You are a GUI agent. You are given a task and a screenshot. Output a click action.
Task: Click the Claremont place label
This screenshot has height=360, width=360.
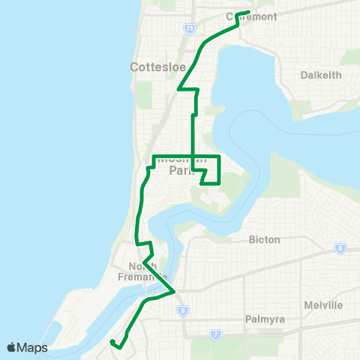[253, 16]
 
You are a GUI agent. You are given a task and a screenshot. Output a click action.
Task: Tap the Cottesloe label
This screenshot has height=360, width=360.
[151, 66]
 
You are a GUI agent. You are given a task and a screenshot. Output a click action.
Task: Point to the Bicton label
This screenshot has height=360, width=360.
[264, 239]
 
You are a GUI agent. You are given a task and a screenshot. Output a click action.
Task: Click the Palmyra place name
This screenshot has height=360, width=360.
[264, 319]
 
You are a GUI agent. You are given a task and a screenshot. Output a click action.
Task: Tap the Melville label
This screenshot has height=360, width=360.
[324, 305]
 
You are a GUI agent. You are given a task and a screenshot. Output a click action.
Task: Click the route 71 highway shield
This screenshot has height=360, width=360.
[189, 28]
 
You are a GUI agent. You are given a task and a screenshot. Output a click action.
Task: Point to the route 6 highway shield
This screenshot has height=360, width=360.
[341, 248]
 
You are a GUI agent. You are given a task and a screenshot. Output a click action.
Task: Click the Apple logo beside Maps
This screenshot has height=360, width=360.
[11, 347]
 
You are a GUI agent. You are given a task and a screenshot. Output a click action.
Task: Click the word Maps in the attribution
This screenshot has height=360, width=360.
[32, 348]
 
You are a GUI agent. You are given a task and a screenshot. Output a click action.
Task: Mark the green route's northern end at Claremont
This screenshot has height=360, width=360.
[248, 12]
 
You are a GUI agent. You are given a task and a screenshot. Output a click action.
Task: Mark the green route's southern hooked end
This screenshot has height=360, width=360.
[111, 343]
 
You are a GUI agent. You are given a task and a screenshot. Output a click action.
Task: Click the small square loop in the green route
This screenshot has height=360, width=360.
[211, 175]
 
